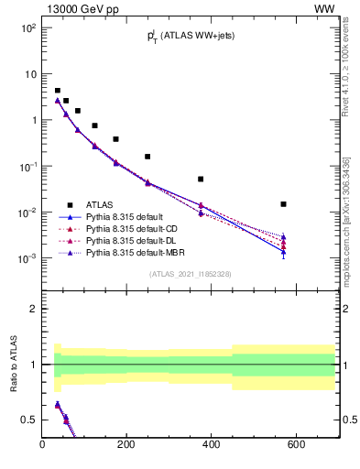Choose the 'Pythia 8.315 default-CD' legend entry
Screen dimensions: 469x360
[x=134, y=229]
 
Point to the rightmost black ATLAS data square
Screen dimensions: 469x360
[x=284, y=204]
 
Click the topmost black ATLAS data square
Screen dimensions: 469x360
[x=58, y=91]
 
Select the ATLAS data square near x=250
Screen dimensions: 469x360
[x=147, y=157]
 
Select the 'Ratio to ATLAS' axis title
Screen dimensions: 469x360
[x=14, y=365]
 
